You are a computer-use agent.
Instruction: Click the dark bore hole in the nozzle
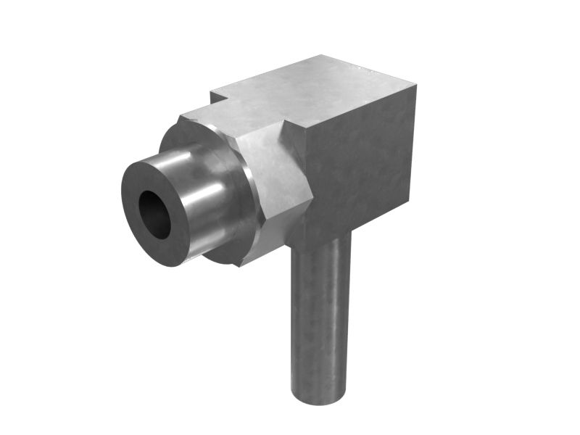(x=154, y=215)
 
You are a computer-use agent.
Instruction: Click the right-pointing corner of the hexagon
(x=312, y=194)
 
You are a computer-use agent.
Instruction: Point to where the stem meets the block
(x=323, y=239)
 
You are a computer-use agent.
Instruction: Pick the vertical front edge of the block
(x=305, y=181)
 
